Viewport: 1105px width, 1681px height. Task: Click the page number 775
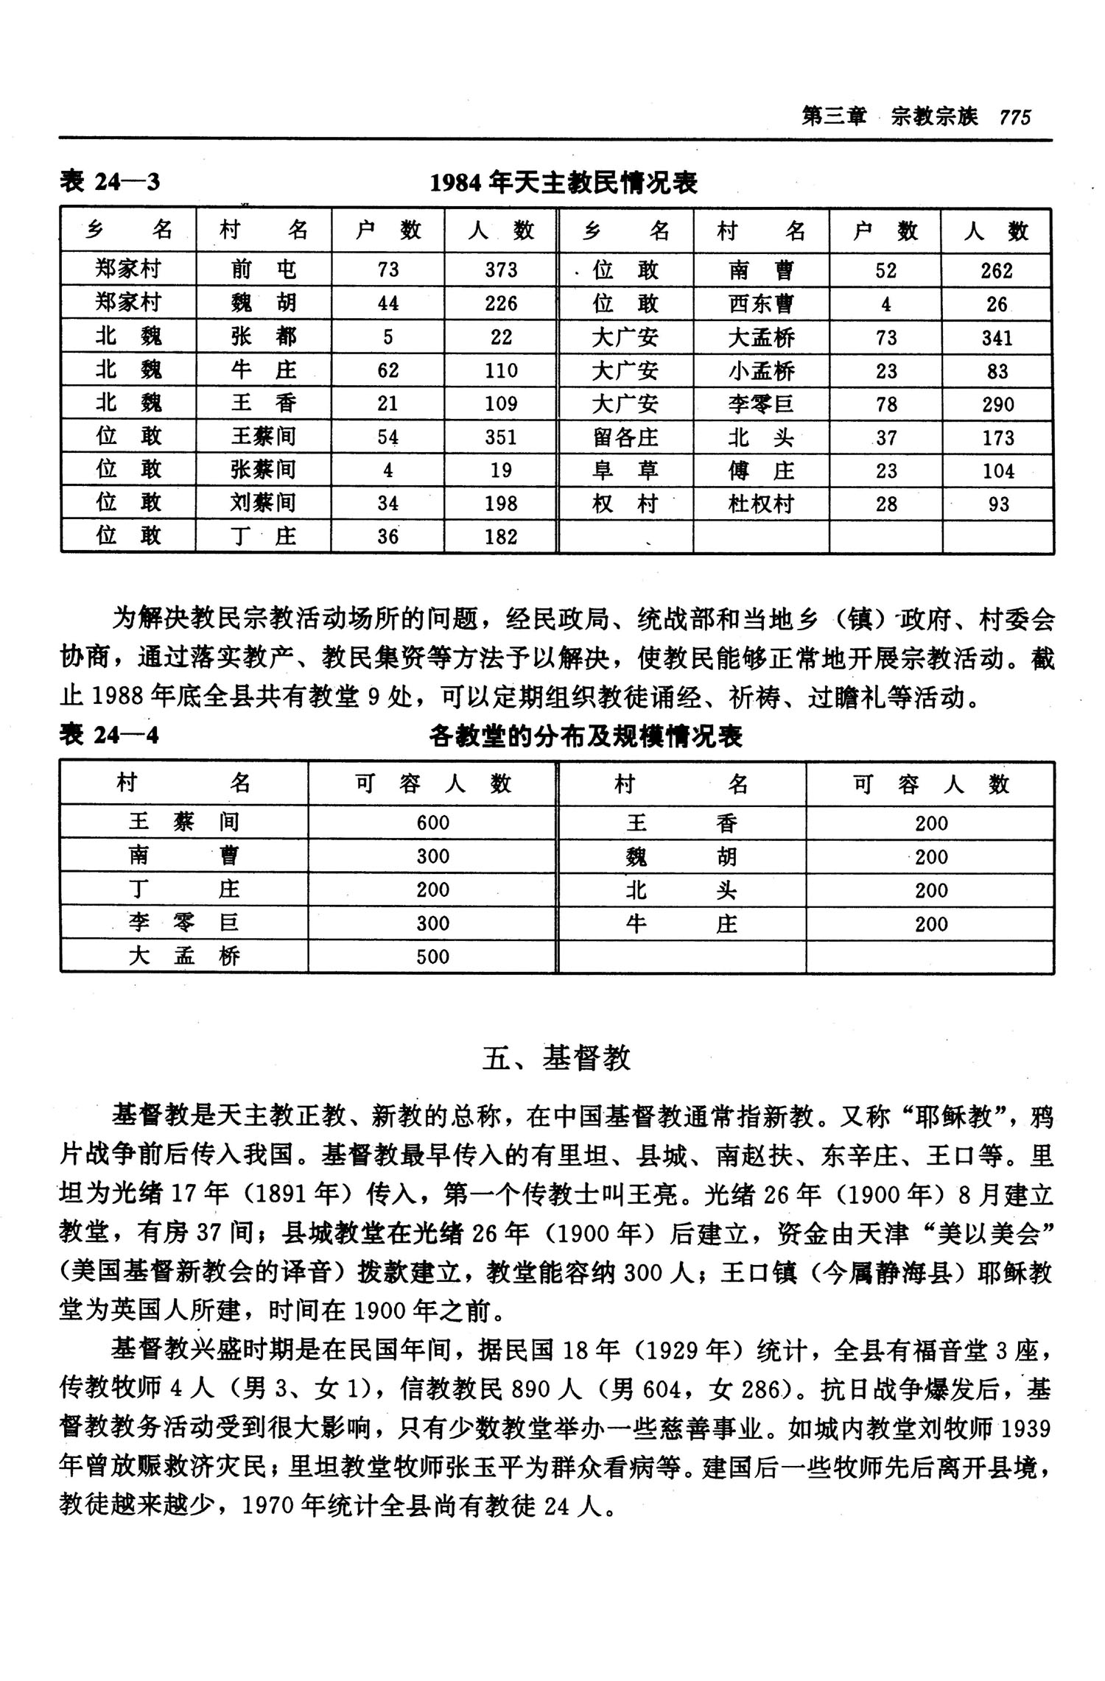point(1015,117)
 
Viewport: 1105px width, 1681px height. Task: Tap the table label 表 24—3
point(110,182)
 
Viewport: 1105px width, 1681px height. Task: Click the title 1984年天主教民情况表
point(564,182)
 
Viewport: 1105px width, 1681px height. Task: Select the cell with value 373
point(501,269)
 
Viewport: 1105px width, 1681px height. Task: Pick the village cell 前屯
point(263,269)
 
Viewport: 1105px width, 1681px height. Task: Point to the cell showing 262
point(997,271)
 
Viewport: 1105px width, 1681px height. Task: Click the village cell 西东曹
point(761,304)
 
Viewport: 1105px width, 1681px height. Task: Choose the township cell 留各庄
point(625,438)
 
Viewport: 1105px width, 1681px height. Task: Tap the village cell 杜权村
point(761,504)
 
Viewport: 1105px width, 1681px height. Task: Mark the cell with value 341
point(997,338)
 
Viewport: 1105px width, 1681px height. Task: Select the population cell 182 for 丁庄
point(501,537)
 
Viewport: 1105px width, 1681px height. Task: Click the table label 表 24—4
point(110,735)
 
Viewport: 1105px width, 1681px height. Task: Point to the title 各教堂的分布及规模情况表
point(586,736)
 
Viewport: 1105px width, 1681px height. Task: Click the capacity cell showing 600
point(432,822)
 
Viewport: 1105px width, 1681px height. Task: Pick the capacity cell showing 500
point(432,956)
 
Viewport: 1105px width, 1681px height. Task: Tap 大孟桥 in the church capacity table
point(184,956)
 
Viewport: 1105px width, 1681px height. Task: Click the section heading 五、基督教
point(557,1058)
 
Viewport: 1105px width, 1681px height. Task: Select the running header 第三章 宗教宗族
point(889,117)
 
